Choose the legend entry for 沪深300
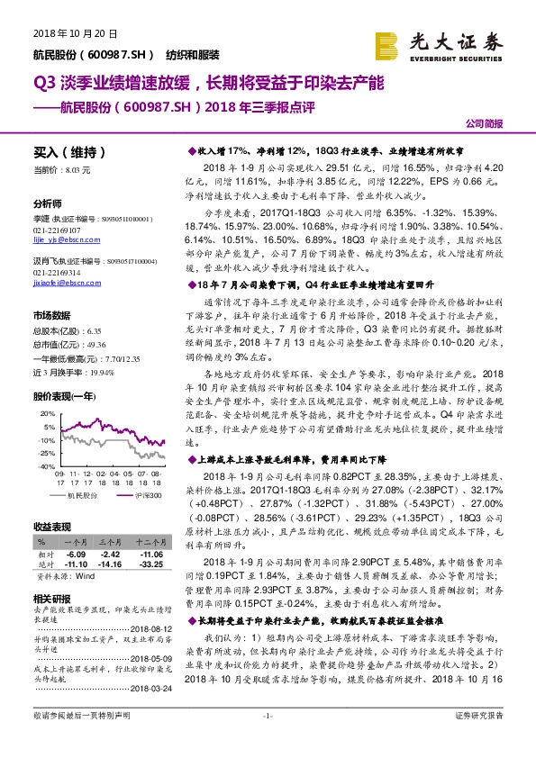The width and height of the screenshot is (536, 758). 133,496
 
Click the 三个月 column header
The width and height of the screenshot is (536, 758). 110,543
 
